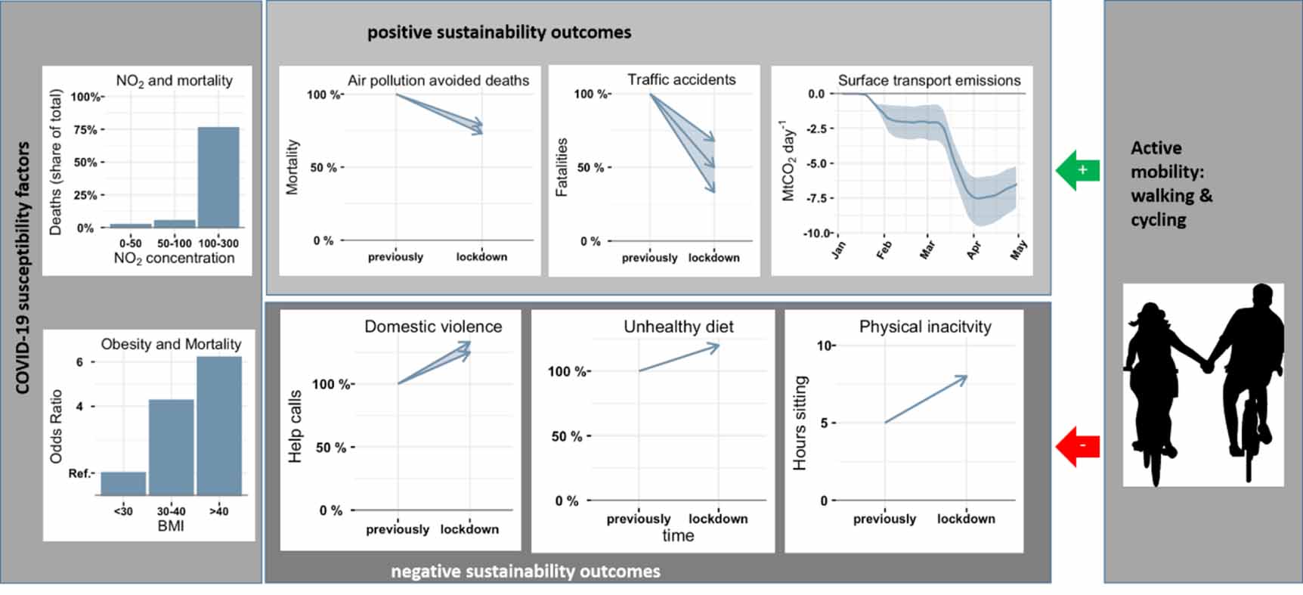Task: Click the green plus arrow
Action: [x=1076, y=170]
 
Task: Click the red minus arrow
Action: [x=1076, y=446]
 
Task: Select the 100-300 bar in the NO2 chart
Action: [x=218, y=177]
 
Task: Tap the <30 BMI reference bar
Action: [x=123, y=483]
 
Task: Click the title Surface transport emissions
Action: [x=929, y=80]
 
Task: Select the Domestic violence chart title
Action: [x=432, y=327]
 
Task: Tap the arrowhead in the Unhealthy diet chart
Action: [x=714, y=347]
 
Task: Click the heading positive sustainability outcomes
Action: [x=499, y=33]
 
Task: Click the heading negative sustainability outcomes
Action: [x=525, y=572]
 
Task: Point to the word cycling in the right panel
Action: [x=1158, y=220]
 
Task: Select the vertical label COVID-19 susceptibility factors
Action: [x=23, y=268]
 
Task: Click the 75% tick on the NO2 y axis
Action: [x=85, y=130]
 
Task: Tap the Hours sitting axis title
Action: [x=800, y=423]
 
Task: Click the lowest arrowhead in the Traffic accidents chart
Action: [x=711, y=188]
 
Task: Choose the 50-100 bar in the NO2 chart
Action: [x=175, y=223]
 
